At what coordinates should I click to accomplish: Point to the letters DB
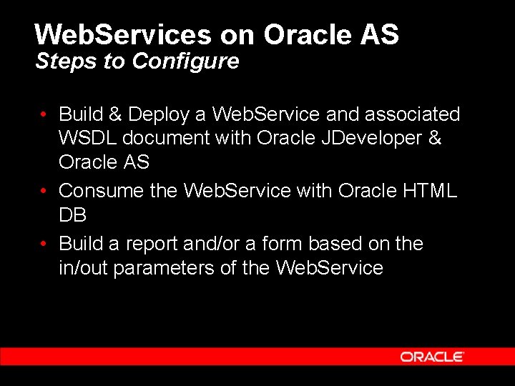click(x=73, y=215)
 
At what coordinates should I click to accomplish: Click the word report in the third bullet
click(x=152, y=244)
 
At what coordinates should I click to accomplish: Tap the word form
click(x=283, y=244)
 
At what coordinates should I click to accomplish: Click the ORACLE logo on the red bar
click(x=432, y=357)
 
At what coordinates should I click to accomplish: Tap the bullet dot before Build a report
click(x=44, y=244)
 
